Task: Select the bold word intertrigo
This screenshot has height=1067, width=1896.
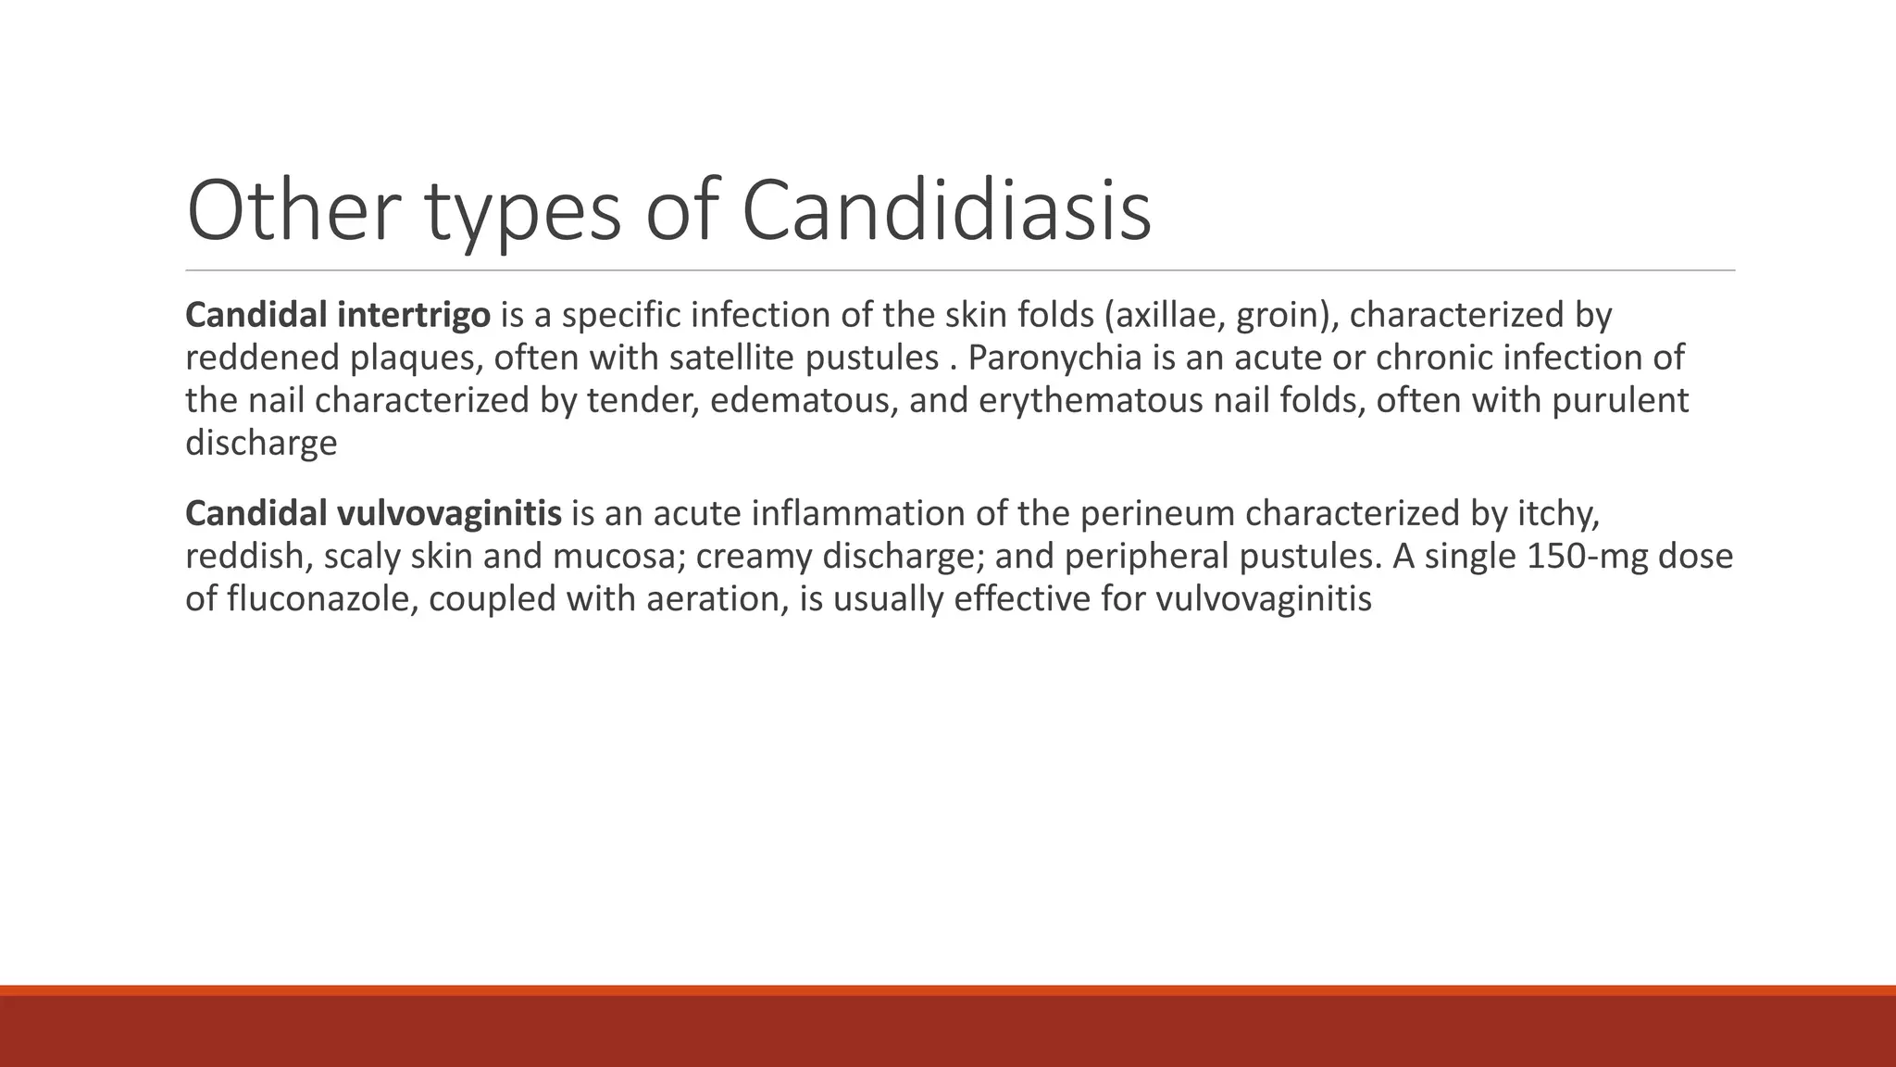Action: click(413, 316)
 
